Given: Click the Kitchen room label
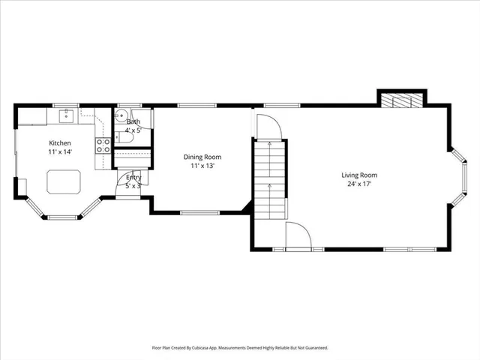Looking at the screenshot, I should pos(60,142).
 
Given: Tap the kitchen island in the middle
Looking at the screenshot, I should pos(64,181).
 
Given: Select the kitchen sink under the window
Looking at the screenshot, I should pos(67,115).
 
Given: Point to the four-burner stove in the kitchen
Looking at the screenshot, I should pos(103,145).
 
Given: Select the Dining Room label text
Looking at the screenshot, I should pos(202,157).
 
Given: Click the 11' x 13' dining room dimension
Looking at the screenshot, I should pos(202,166).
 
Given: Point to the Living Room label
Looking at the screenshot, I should pos(359,175).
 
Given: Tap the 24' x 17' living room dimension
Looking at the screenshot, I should pos(359,184).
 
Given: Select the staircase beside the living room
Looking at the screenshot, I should pos(269,180).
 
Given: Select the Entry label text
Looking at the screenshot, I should pos(133,177).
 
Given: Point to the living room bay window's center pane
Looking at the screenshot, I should pos(463,175).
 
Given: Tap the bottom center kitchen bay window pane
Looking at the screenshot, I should pos(64,217).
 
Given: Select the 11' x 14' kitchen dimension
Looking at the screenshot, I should pos(60,151).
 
